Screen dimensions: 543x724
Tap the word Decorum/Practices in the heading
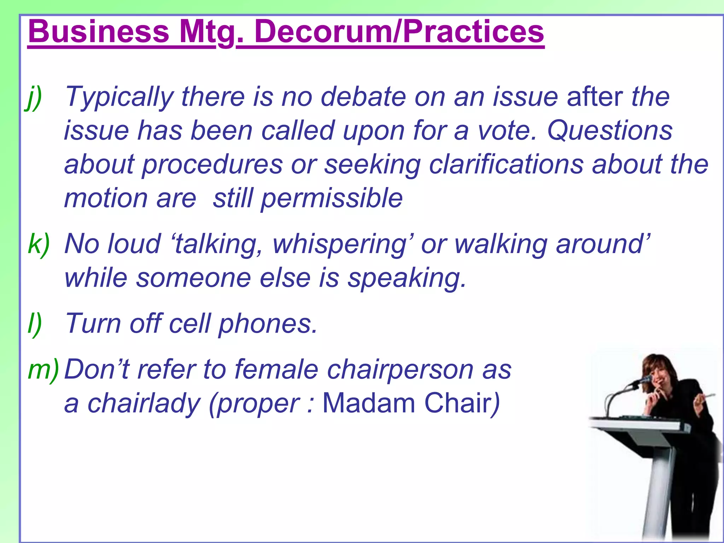399,32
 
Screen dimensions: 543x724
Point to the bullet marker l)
35,323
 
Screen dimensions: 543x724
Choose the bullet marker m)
43,370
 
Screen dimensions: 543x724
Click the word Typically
119,98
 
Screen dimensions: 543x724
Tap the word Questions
610,131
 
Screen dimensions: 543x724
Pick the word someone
194,278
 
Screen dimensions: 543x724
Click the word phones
268,324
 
